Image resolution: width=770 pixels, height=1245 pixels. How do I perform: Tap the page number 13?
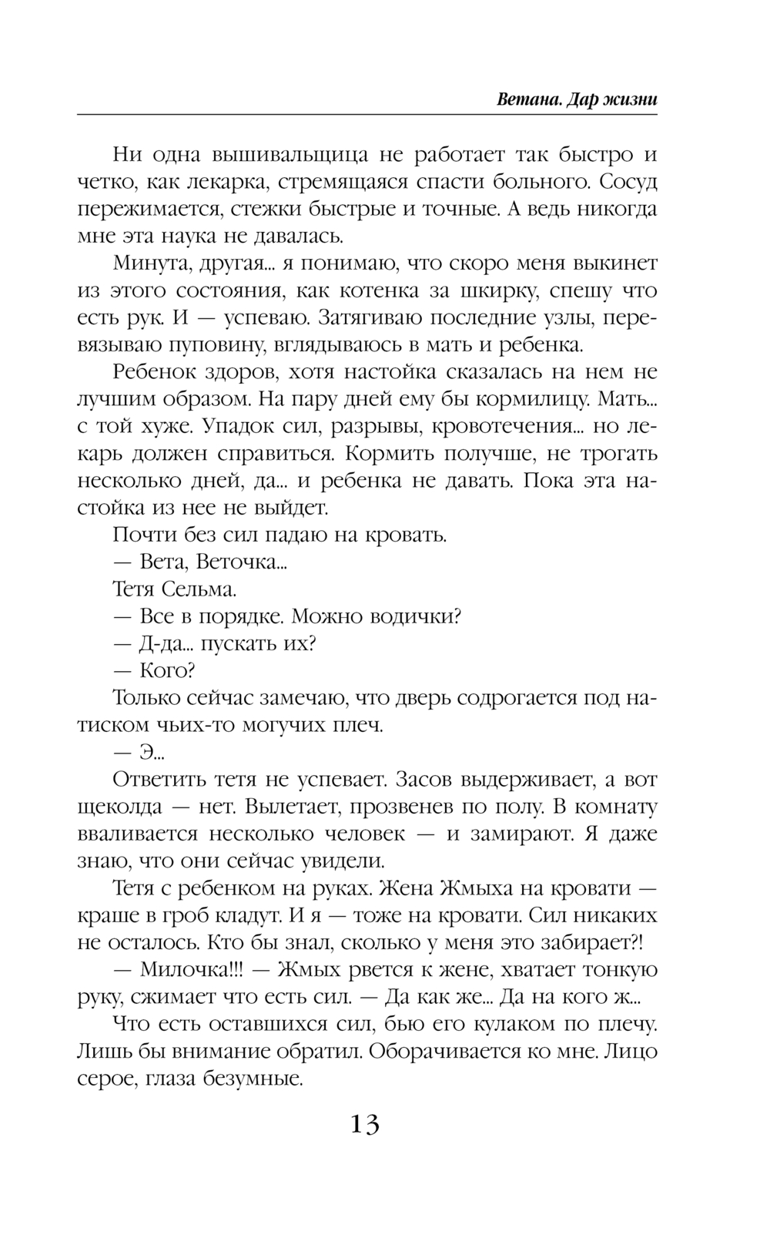[x=365, y=1125]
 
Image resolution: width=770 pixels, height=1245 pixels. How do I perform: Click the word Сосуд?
[x=628, y=183]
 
